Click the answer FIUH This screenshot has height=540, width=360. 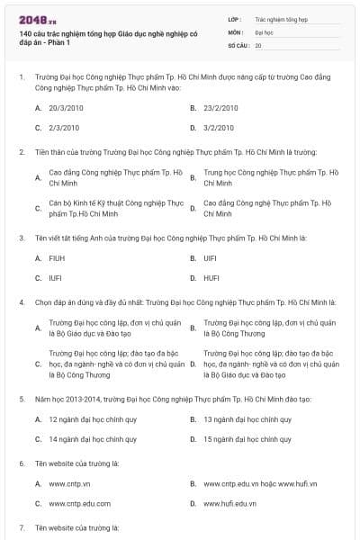coord(57,258)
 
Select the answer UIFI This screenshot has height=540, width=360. coord(211,258)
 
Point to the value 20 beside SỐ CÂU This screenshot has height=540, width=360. coord(259,45)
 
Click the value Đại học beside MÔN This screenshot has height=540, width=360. coord(265,31)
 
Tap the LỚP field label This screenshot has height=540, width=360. coord(235,18)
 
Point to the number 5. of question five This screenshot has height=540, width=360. coord(22,397)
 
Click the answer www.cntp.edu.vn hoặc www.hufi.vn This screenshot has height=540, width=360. coord(260,483)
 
